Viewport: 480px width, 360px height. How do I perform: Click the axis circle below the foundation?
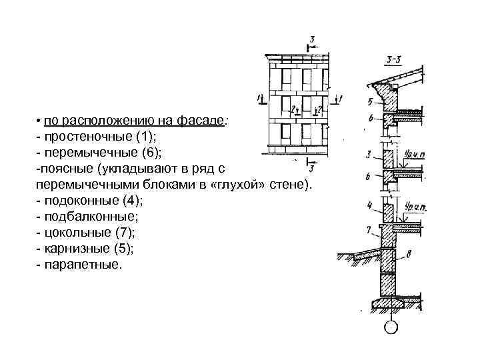391,327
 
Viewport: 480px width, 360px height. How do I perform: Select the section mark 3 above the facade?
312,39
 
